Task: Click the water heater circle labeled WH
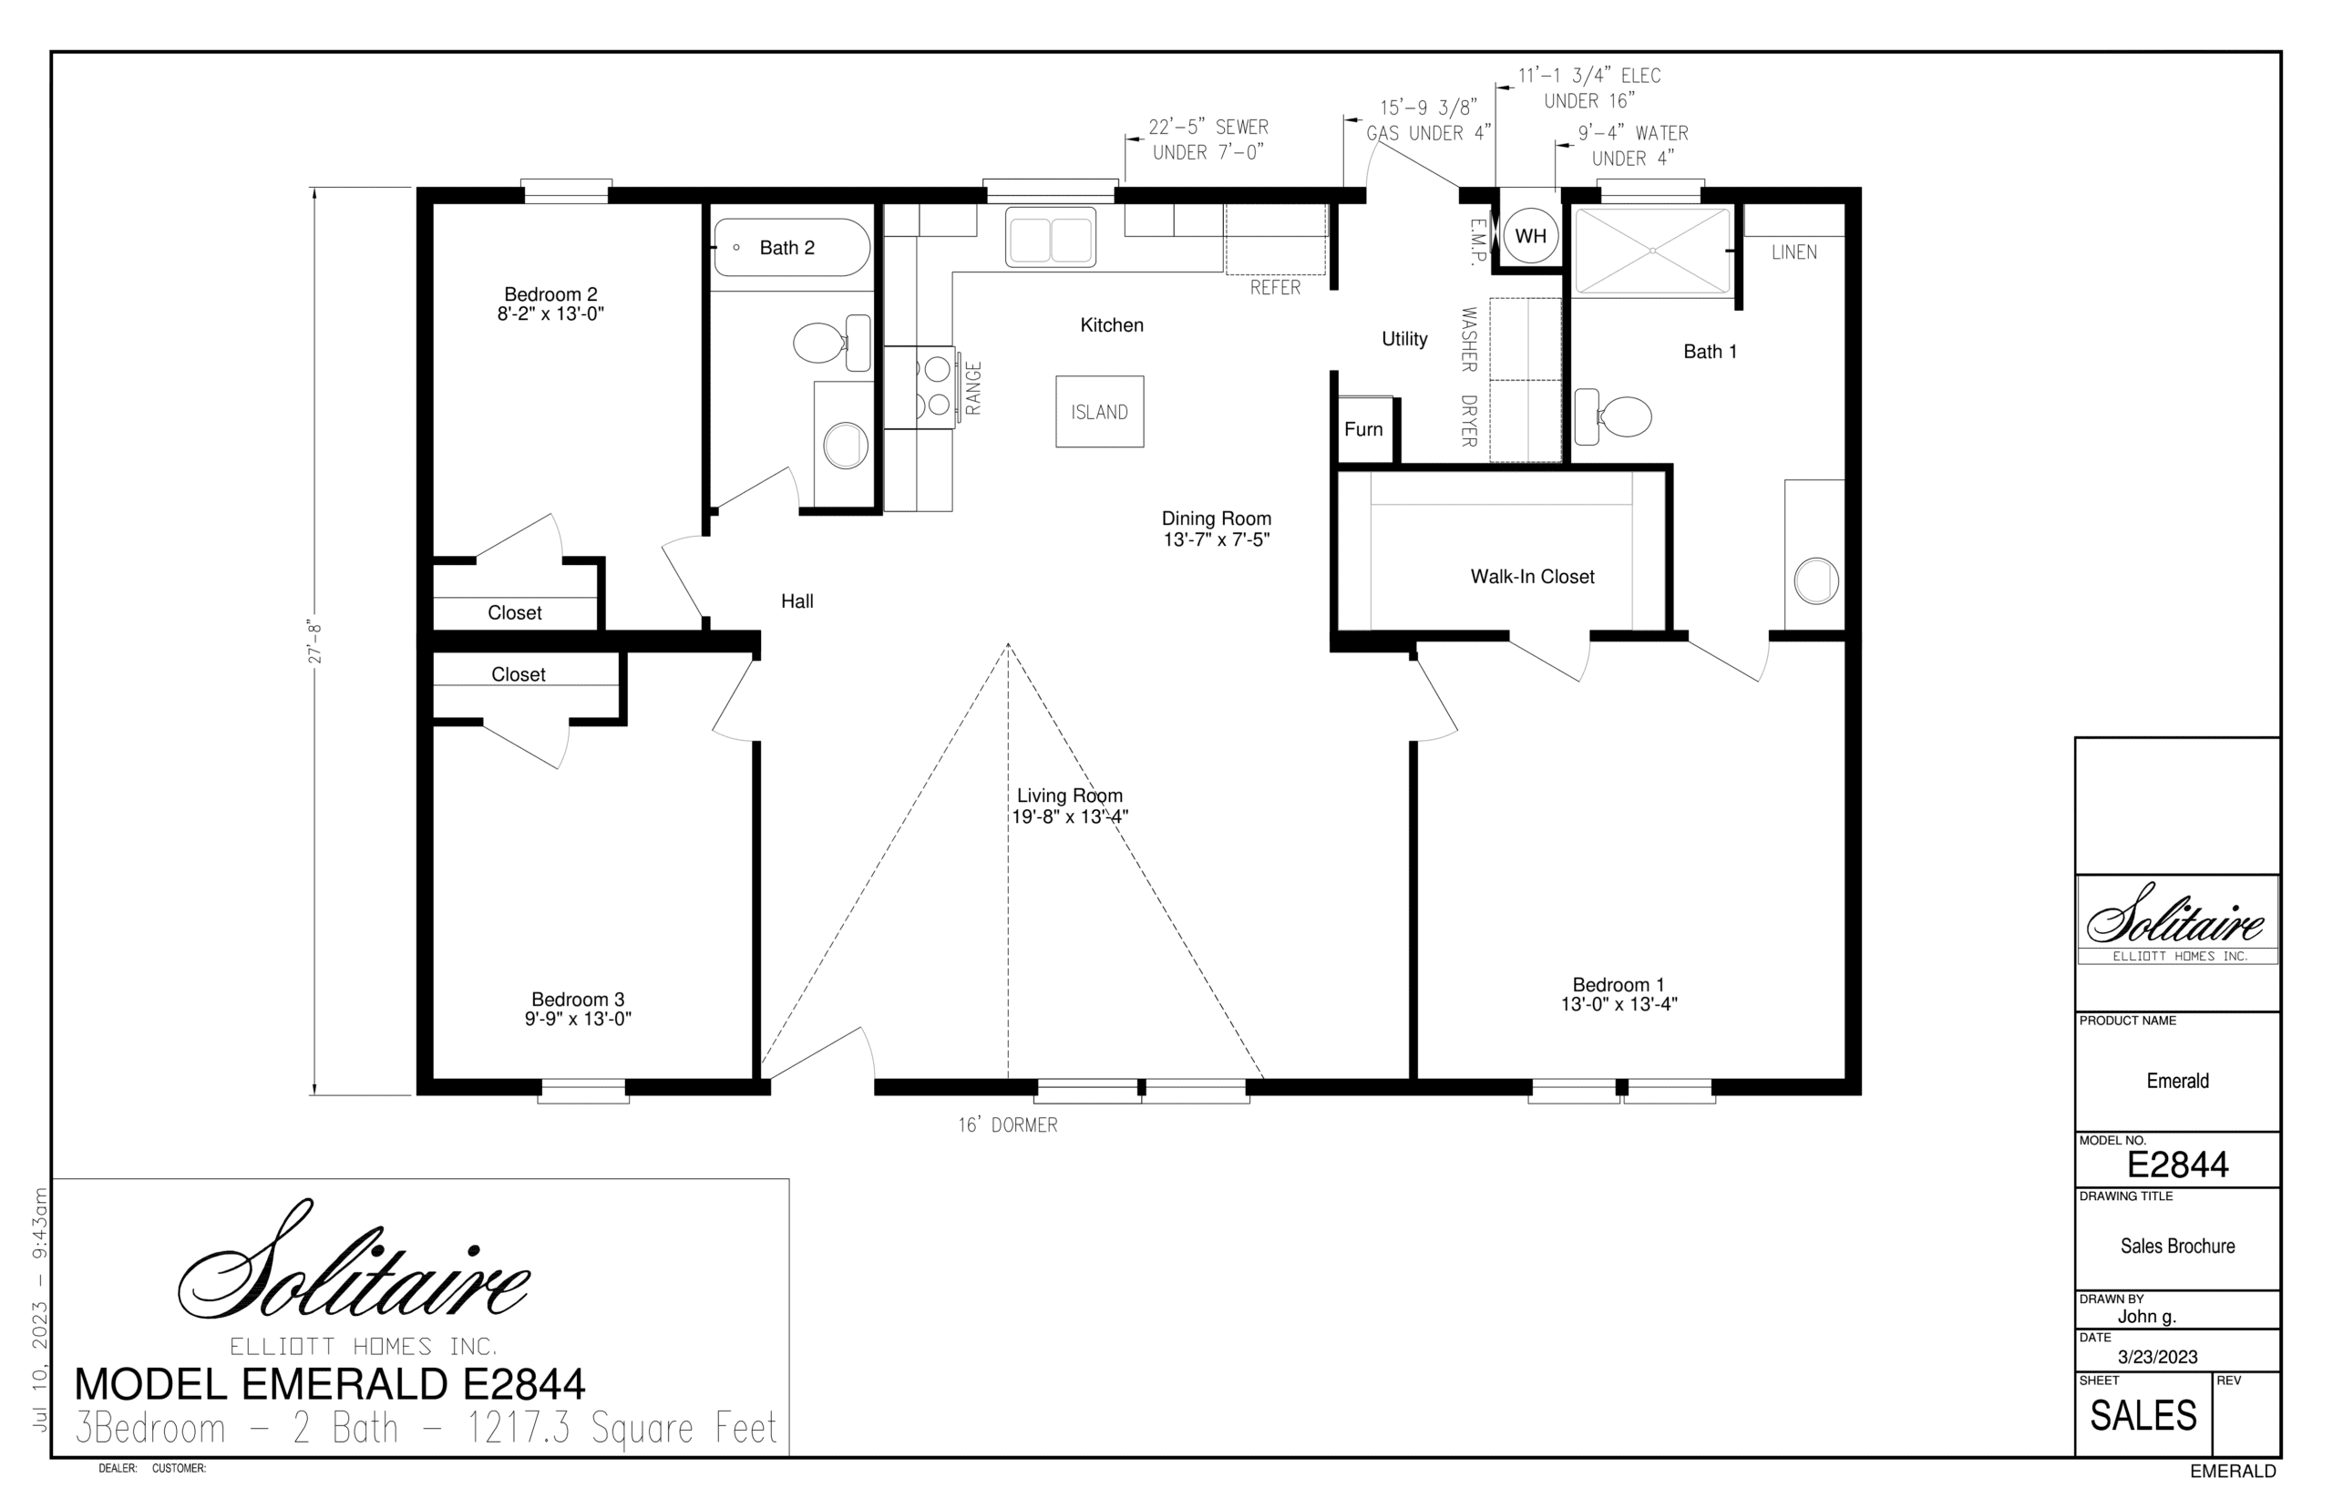tap(1529, 235)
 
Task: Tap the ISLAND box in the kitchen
tap(1098, 412)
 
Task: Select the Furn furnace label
tap(1363, 429)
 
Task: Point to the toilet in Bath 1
tap(1612, 416)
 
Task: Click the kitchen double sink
tap(1051, 237)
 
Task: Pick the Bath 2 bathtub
tap(792, 247)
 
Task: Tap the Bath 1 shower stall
tap(1652, 251)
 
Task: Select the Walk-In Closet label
tap(1532, 577)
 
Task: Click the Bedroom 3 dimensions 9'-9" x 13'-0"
tap(577, 1018)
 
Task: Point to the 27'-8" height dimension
tap(314, 641)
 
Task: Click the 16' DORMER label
tap(1007, 1124)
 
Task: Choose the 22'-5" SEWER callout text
tap(1208, 127)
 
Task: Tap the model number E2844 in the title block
tap(2177, 1164)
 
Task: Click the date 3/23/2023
tap(2158, 1357)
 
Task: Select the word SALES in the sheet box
tap(2143, 1416)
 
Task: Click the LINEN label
tap(1794, 251)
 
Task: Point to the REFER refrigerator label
tap(1275, 287)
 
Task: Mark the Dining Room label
tap(1216, 518)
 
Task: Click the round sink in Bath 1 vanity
tap(1815, 581)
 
